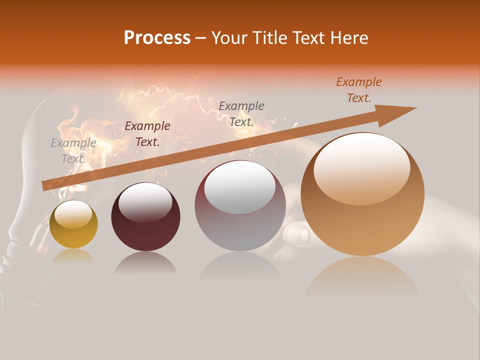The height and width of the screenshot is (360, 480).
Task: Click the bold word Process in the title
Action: pos(157,38)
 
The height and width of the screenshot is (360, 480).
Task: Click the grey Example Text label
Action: pos(73,151)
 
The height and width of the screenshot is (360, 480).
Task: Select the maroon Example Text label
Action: pos(147,134)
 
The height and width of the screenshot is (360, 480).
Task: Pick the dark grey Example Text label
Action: pos(241,114)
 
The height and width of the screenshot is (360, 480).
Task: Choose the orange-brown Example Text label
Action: pos(359,90)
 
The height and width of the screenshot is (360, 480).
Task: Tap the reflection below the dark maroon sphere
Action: pos(145,262)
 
